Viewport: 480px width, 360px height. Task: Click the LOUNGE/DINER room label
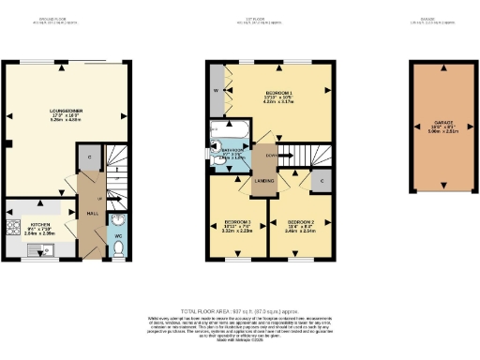(x=67, y=112)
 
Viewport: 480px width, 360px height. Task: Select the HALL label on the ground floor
(x=93, y=213)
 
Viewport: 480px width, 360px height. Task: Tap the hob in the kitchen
(x=13, y=227)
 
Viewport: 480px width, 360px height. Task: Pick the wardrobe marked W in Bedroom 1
(x=217, y=91)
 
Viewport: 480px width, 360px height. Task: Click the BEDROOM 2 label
(x=299, y=222)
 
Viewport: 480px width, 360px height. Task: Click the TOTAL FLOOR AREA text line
(x=239, y=310)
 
